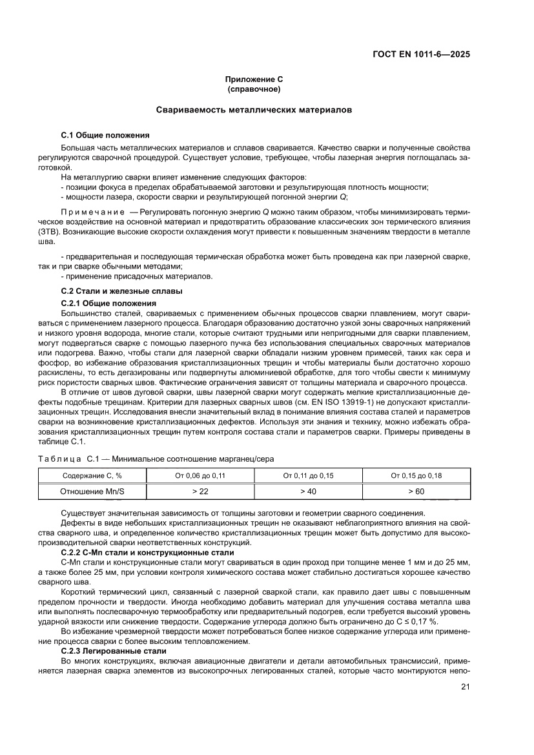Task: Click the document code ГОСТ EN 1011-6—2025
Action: pos(421,54)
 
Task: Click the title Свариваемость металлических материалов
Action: pos(254,110)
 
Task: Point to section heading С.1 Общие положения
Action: pos(105,136)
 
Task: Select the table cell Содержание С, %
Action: pos(92,475)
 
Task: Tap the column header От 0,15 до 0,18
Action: pos(416,475)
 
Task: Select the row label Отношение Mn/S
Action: pos(92,491)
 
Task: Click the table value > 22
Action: pos(200,491)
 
